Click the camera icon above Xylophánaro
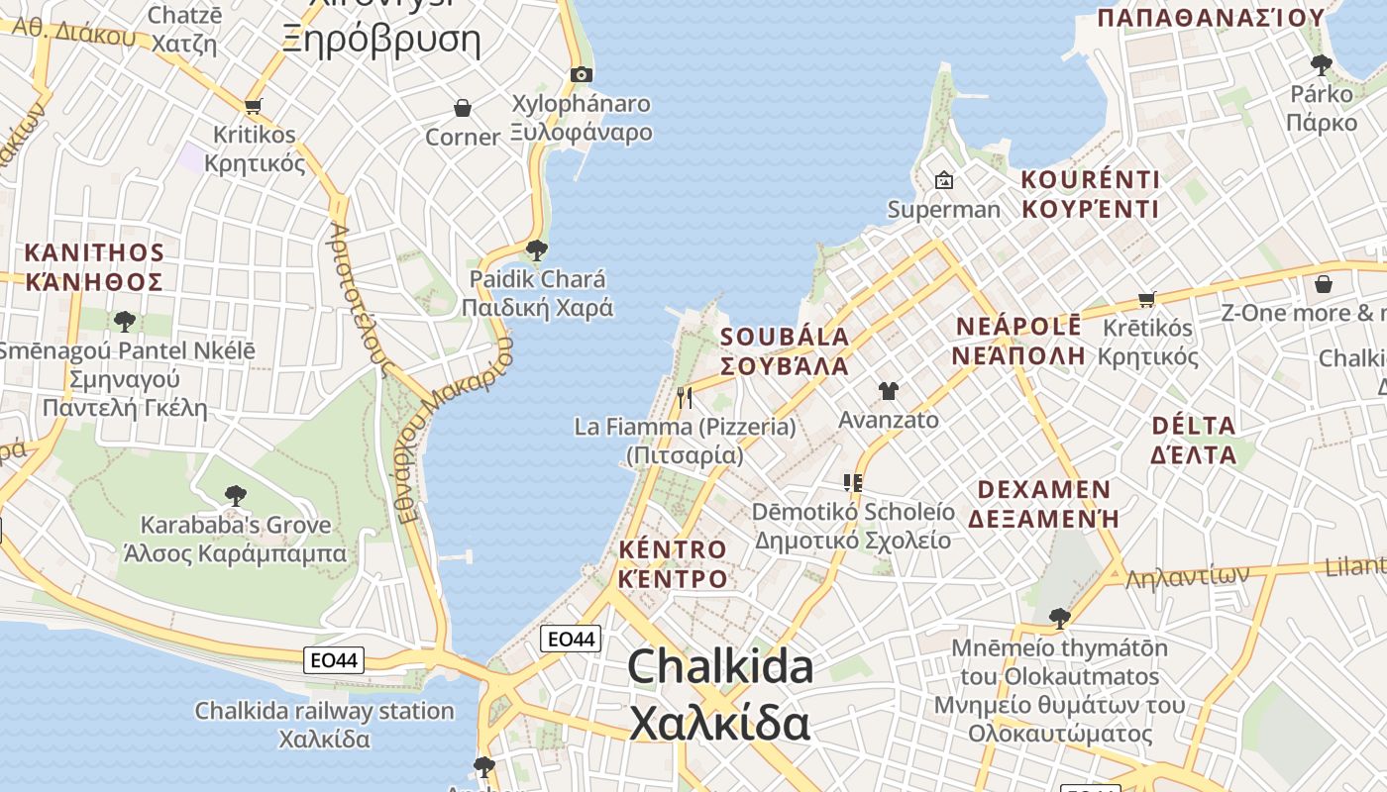tap(582, 74)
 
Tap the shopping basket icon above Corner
tap(462, 108)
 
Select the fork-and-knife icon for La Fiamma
tap(685, 398)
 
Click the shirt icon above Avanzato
tap(888, 391)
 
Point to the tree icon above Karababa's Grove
tap(235, 495)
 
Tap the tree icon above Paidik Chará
tap(537, 249)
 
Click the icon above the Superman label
tap(943, 180)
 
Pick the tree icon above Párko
tap(1321, 65)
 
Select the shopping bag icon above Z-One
tap(1323, 284)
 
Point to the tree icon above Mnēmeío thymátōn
tap(1059, 619)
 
